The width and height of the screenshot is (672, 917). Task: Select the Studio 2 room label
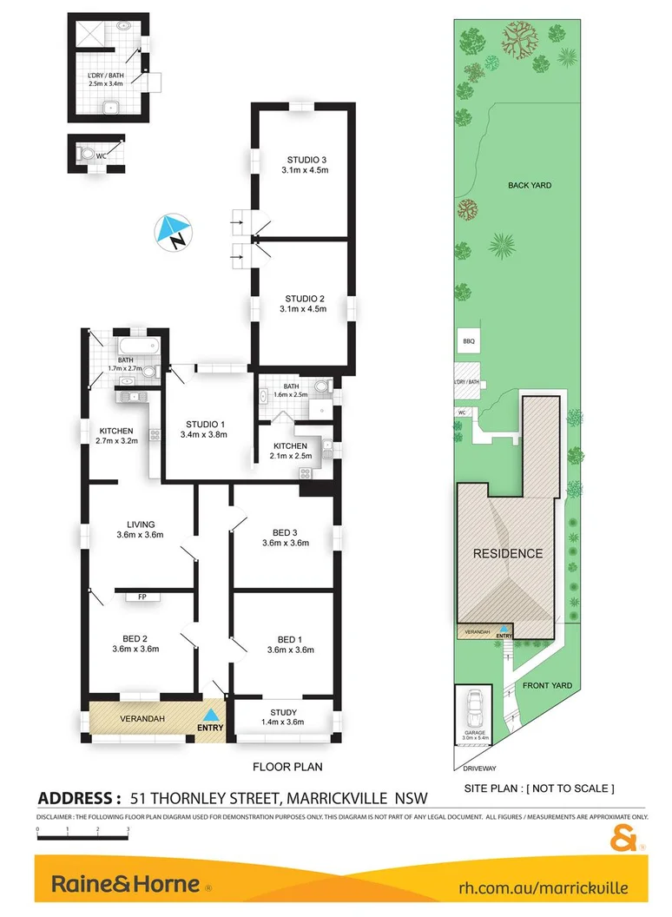(303, 298)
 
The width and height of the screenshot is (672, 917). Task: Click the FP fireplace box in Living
(142, 597)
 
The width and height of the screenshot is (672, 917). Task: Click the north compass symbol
(174, 233)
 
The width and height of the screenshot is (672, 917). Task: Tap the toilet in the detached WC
(87, 155)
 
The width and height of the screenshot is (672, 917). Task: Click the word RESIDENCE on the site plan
(508, 553)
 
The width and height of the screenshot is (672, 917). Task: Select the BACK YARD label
(530, 185)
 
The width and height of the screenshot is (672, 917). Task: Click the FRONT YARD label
(548, 685)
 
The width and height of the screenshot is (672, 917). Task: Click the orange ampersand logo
(624, 841)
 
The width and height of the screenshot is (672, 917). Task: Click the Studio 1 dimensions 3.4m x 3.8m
(203, 434)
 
